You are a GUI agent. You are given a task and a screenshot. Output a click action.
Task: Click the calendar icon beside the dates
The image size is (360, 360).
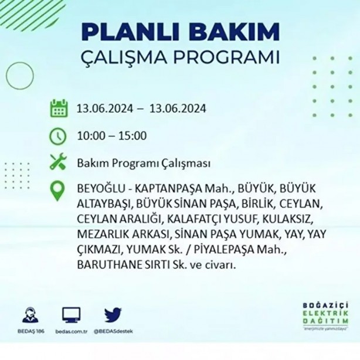pyautogui.click(x=58, y=108)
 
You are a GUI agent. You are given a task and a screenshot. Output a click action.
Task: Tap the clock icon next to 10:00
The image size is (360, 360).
pyautogui.click(x=58, y=136)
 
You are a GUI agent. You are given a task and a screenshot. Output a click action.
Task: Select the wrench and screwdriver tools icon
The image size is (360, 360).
pyautogui.click(x=58, y=162)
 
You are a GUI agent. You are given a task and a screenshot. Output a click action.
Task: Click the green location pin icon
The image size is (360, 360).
pyautogui.click(x=58, y=191)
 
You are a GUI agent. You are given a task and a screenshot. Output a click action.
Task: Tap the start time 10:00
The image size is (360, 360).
pyautogui.click(x=90, y=136)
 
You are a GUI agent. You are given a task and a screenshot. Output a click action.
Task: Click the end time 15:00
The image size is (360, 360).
pyautogui.click(x=133, y=136)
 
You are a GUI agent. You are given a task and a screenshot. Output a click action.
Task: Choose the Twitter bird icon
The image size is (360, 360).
pyautogui.click(x=113, y=315)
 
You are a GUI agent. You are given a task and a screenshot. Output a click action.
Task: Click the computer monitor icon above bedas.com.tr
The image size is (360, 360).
pyautogui.click(x=71, y=315)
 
